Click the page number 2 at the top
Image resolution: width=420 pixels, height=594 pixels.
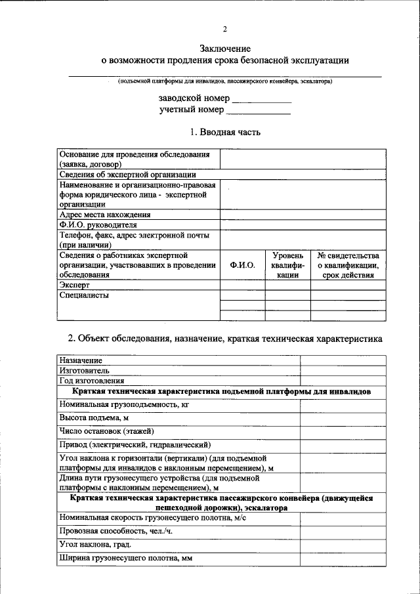(224, 29)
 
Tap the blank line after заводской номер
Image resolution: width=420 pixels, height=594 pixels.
(262, 100)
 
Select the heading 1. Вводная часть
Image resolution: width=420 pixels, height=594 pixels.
(225, 133)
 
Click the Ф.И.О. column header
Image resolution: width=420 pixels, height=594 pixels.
(242, 265)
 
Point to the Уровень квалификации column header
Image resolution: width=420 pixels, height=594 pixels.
(287, 265)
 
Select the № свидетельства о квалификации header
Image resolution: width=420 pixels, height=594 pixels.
(348, 265)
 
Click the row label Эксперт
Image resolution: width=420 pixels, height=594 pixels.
(74, 286)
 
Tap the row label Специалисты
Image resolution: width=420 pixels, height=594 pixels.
(84, 295)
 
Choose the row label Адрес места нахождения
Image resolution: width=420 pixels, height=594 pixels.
(105, 215)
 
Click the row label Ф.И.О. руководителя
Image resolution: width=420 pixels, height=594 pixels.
(98, 225)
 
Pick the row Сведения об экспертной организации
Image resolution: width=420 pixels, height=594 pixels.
(127, 175)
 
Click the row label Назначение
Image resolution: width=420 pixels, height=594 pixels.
(81, 360)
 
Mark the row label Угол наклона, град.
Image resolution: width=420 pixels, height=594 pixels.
(95, 545)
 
